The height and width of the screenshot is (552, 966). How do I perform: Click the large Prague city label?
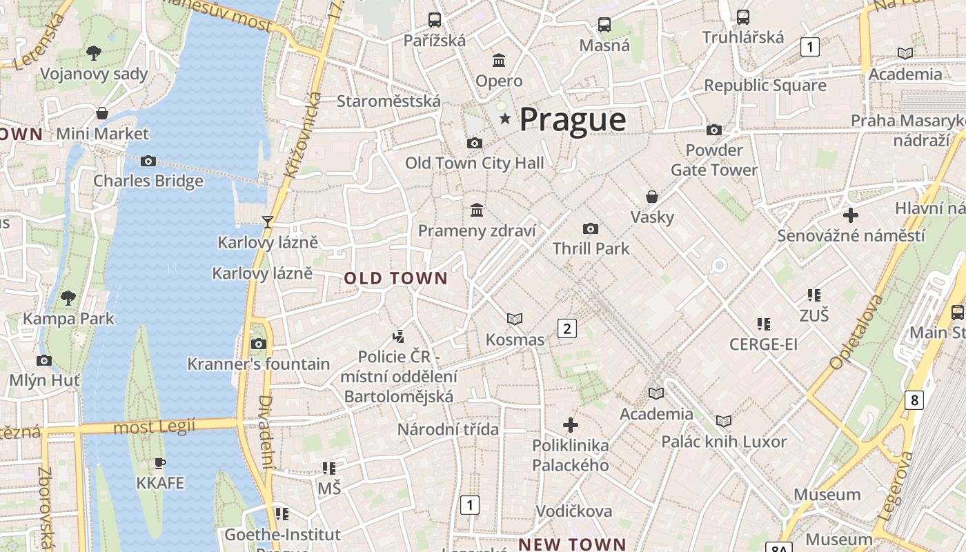pyautogui.click(x=573, y=119)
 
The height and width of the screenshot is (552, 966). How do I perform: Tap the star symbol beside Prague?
pyautogui.click(x=505, y=119)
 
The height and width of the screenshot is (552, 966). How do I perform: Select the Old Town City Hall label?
pyautogui.click(x=474, y=164)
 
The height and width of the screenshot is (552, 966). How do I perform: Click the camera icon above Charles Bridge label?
pyautogui.click(x=148, y=161)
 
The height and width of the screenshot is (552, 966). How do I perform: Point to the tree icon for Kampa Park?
pyautogui.click(x=68, y=298)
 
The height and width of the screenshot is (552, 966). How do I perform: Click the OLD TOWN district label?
pyautogui.click(x=396, y=279)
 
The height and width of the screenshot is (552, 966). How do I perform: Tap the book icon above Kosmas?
pyautogui.click(x=514, y=319)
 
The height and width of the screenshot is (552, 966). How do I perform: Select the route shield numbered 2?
pyautogui.click(x=567, y=328)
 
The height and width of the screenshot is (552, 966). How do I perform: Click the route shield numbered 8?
pyautogui.click(x=914, y=400)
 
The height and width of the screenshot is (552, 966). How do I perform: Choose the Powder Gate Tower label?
pyautogui.click(x=714, y=160)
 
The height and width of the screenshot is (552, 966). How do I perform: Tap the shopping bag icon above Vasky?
pyautogui.click(x=651, y=197)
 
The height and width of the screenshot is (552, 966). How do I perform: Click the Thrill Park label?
pyautogui.click(x=591, y=248)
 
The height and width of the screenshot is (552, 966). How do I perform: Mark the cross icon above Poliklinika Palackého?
pyautogui.click(x=571, y=424)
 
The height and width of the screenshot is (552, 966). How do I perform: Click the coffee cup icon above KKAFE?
pyautogui.click(x=160, y=463)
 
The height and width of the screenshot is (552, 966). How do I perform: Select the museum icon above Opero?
pyautogui.click(x=498, y=60)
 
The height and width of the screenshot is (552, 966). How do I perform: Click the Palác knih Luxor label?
pyautogui.click(x=724, y=442)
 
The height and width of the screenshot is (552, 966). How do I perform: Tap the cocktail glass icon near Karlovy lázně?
pyautogui.click(x=268, y=221)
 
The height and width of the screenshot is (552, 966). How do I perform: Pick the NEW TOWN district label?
pyautogui.click(x=572, y=544)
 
